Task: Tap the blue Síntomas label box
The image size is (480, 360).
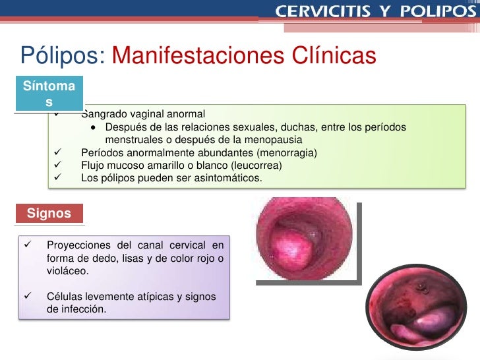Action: pos(48,94)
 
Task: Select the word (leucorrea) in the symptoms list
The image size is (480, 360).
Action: pos(254,165)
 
